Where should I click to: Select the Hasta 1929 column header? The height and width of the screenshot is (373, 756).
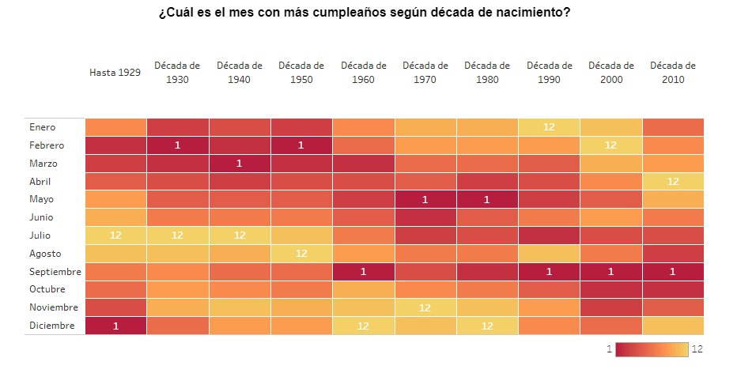coord(115,73)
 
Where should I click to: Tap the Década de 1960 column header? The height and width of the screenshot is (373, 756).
coord(364,73)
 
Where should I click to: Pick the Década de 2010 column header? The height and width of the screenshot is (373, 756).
coord(673,73)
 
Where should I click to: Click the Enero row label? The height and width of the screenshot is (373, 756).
coord(43,127)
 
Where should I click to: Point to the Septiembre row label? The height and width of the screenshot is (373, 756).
coord(54,272)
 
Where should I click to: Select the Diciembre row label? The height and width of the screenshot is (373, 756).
coord(51,326)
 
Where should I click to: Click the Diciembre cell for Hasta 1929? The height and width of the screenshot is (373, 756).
coord(115,326)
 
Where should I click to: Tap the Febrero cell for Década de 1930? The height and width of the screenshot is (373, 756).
coord(178,145)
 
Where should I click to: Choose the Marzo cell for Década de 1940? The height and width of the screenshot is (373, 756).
coord(240,164)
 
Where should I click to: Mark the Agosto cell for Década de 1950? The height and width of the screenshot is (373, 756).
coord(301,254)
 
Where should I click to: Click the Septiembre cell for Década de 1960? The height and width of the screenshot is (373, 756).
coord(364,272)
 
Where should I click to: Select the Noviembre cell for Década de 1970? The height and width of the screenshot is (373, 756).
coord(425,307)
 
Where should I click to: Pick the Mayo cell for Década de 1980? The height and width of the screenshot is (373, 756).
coord(487,200)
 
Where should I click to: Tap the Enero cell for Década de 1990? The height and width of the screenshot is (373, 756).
coord(549,127)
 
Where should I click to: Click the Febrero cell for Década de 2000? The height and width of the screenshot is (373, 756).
coord(610,145)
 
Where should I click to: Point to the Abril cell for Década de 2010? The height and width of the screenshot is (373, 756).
coord(673,182)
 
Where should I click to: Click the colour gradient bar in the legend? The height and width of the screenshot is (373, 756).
coord(652,349)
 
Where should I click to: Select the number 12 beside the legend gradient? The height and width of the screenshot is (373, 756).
coord(697,349)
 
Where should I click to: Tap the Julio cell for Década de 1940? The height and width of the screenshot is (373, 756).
coord(240,235)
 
